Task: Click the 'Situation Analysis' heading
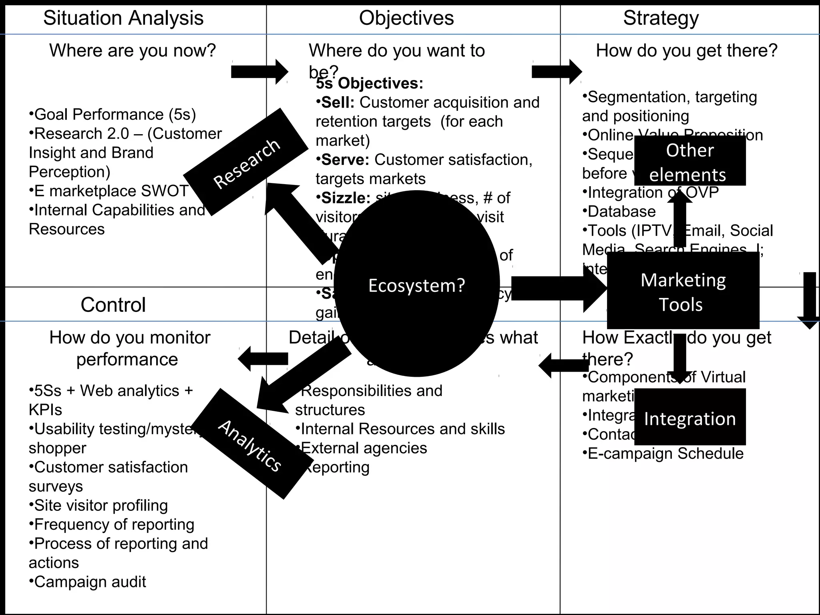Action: [123, 18]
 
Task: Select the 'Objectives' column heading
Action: [406, 18]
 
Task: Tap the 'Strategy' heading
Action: [661, 18]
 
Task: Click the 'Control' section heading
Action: [113, 305]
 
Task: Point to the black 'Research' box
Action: [246, 162]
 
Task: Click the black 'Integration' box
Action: [689, 418]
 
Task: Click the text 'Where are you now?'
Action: [133, 51]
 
